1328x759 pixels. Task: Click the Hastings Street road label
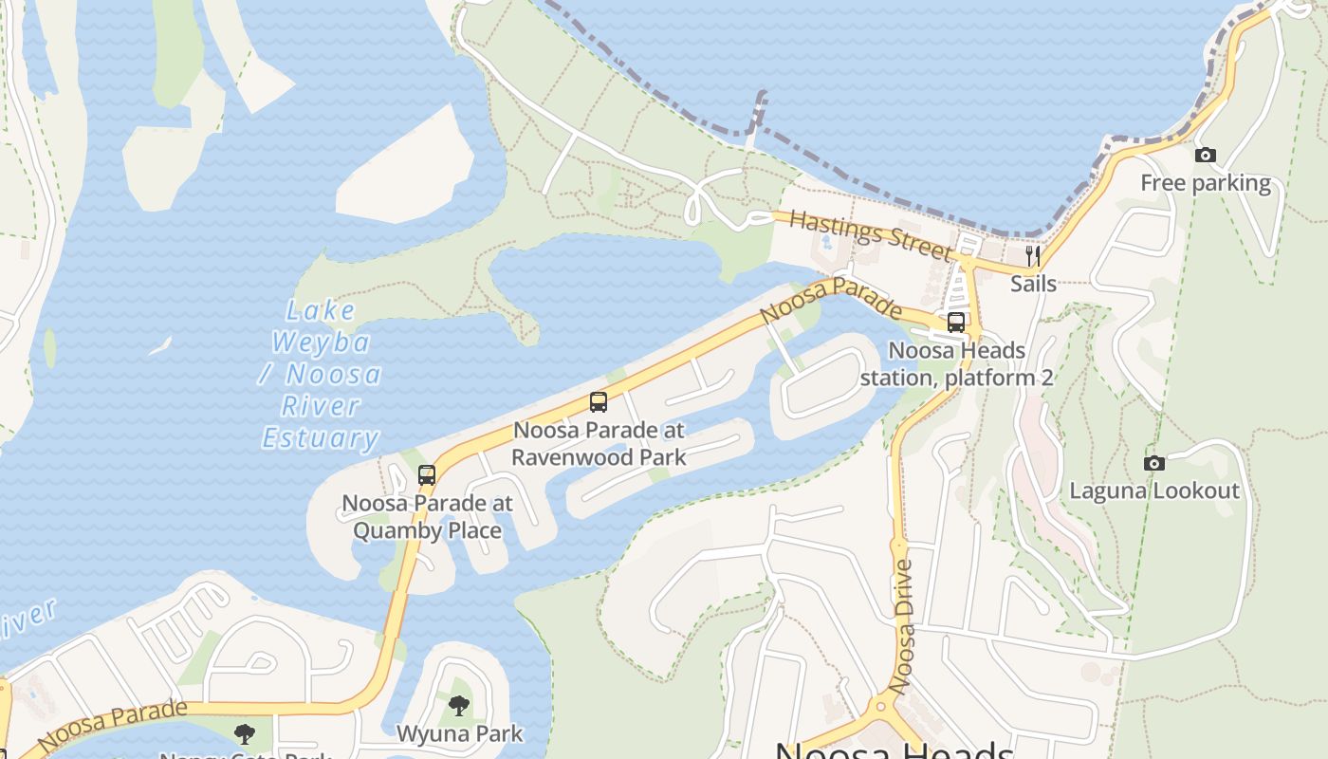(x=870, y=235)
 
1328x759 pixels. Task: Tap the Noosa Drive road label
(x=903, y=626)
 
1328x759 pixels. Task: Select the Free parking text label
(x=1206, y=183)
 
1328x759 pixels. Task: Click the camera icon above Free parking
(x=1206, y=155)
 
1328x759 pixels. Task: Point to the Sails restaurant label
(x=1033, y=283)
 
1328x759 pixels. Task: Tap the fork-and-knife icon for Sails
(x=1033, y=256)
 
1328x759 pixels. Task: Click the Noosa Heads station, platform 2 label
(x=956, y=364)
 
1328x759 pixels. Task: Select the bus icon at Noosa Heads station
(x=956, y=323)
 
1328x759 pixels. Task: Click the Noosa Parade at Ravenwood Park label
(x=598, y=443)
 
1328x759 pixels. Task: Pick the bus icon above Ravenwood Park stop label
(x=598, y=402)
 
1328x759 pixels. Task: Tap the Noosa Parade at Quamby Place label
(x=427, y=516)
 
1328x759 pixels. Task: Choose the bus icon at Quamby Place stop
(x=427, y=475)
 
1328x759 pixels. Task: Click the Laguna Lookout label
(x=1154, y=491)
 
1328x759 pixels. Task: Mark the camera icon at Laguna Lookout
(x=1154, y=464)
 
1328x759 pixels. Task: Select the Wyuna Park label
(x=459, y=733)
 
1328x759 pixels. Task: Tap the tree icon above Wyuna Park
(x=459, y=706)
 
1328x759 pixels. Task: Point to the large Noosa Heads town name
(x=895, y=750)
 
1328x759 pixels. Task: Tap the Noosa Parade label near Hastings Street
(x=831, y=298)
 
